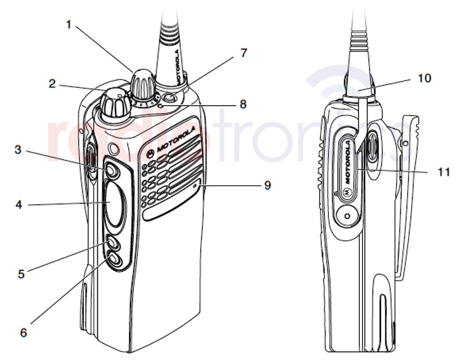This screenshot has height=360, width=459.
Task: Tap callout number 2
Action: pos(52,84)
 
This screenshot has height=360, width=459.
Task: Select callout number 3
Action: pos(18,150)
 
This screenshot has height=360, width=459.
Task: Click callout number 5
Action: pos(22,274)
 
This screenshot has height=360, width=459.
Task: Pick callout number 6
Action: pos(24,332)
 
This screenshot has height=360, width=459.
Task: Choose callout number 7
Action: pos(243,53)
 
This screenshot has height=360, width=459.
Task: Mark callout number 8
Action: pos(243,104)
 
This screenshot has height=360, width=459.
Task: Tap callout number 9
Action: pos(267,185)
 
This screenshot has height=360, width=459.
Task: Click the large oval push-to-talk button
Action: pos(114,204)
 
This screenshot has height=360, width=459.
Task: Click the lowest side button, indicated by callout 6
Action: pos(114,260)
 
